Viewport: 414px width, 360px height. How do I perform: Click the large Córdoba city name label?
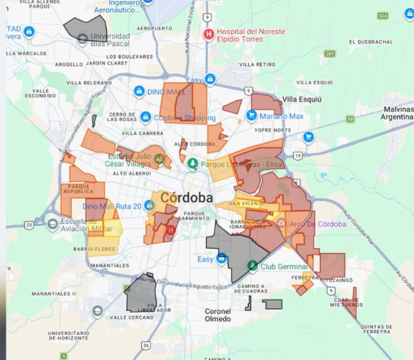pos(186,197)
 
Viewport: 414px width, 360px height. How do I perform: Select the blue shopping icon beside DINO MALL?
pos(139,91)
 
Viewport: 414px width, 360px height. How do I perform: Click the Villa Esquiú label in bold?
pos(302,99)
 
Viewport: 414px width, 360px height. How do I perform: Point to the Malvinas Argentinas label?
pos(397,113)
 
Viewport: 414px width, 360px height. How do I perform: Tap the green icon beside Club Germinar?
pos(253,265)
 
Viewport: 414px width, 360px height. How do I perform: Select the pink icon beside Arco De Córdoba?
pos(281,223)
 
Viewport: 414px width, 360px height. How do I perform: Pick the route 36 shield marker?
pos(146,345)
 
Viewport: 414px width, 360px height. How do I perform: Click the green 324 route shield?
pos(383,15)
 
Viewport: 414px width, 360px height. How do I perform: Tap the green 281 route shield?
pos(330,54)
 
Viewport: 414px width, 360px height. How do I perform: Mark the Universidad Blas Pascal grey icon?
pos(82,39)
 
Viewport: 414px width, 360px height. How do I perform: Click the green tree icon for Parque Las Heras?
pos(193,164)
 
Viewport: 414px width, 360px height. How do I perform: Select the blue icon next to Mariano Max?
pos(252,116)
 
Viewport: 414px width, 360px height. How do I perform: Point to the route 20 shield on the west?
pos(28,225)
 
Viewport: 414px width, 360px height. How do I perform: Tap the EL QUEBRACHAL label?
pos(371,42)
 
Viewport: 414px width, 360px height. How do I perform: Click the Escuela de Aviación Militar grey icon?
pos(53,225)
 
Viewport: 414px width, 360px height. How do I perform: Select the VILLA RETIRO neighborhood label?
pos(257,64)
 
